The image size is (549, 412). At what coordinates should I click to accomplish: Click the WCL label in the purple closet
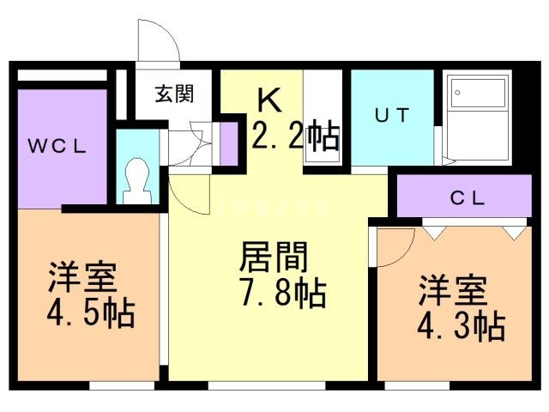[x=57, y=146]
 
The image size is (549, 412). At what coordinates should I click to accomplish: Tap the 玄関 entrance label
[x=174, y=94]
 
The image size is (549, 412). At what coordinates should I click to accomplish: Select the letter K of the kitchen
[x=269, y=100]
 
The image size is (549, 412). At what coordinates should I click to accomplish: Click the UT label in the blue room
[x=392, y=115]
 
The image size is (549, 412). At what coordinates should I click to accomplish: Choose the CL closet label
[x=468, y=198]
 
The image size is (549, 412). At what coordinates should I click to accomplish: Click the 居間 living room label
[x=274, y=257]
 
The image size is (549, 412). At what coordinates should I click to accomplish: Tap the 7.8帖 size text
[x=283, y=293]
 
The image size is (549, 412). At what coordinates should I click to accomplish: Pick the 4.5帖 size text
[x=91, y=312]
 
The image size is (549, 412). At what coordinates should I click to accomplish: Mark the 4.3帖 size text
[x=462, y=326]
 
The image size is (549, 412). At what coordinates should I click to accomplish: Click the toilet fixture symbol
[x=137, y=181]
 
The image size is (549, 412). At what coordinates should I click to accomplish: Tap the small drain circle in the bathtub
[x=457, y=93]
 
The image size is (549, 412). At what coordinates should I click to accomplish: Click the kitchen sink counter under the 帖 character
[x=323, y=143]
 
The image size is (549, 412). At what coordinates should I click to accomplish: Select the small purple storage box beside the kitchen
[x=229, y=143]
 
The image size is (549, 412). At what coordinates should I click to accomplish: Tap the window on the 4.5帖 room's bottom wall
[x=122, y=385]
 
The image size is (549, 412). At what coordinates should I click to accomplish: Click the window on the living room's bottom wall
[x=267, y=385]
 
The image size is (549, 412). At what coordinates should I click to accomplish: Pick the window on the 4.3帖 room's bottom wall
[x=417, y=385]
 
